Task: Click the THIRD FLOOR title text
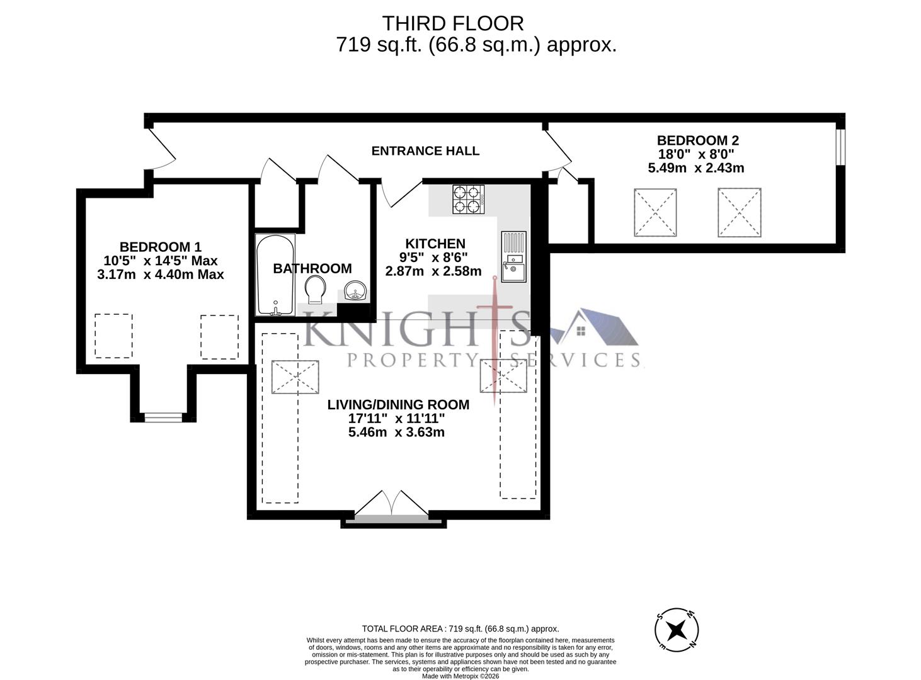453,23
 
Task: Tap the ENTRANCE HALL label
425,151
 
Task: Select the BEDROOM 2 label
697,140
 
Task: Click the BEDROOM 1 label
161,247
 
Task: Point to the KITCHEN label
435,244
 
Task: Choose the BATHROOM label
312,269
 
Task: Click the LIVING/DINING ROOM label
398,405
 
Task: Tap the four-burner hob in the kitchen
468,199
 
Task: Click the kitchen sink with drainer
513,256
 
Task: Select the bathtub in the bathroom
275,275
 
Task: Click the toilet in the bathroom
314,291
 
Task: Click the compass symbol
677,629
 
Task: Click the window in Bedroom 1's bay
163,416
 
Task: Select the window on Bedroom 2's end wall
840,147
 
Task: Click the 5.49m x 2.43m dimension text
696,168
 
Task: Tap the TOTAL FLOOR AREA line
460,628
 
